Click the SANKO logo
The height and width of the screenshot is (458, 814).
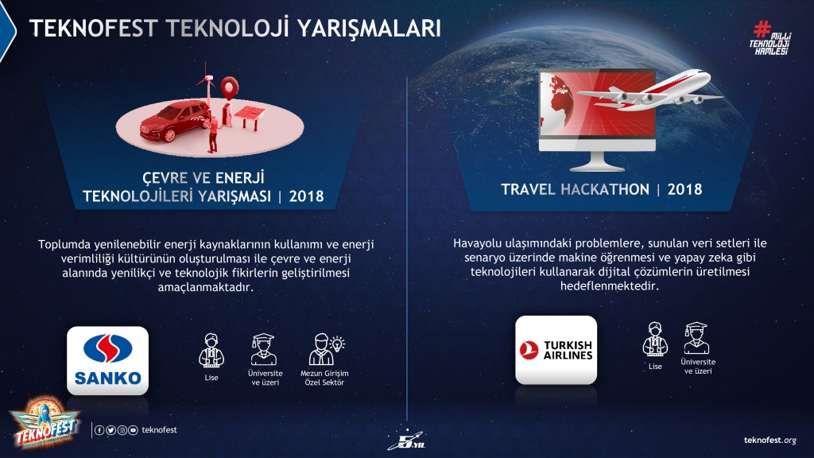[x=107, y=360]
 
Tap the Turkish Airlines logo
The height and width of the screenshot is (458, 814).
[x=556, y=350]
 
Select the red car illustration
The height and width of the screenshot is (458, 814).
[x=175, y=121]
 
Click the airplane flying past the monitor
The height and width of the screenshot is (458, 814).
[x=649, y=91]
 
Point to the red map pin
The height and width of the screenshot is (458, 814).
[x=229, y=87]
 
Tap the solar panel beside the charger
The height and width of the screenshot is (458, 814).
[x=250, y=116]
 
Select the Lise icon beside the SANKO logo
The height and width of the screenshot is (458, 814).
[x=211, y=351]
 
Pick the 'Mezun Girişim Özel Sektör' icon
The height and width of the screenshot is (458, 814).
[x=325, y=350]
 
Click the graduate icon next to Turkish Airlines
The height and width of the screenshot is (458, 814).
[x=696, y=338]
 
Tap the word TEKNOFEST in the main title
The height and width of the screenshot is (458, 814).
[x=94, y=28]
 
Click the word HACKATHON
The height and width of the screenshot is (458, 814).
[x=605, y=189]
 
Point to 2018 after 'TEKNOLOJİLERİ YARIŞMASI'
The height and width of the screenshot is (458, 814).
[x=306, y=196]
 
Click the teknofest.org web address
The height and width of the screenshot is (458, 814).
[x=769, y=441]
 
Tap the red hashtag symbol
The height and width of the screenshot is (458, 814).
[x=762, y=29]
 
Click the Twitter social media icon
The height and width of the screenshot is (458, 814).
[x=110, y=430]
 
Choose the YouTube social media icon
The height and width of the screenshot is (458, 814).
[x=134, y=430]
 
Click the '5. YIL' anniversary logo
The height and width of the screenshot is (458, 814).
[x=406, y=441]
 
